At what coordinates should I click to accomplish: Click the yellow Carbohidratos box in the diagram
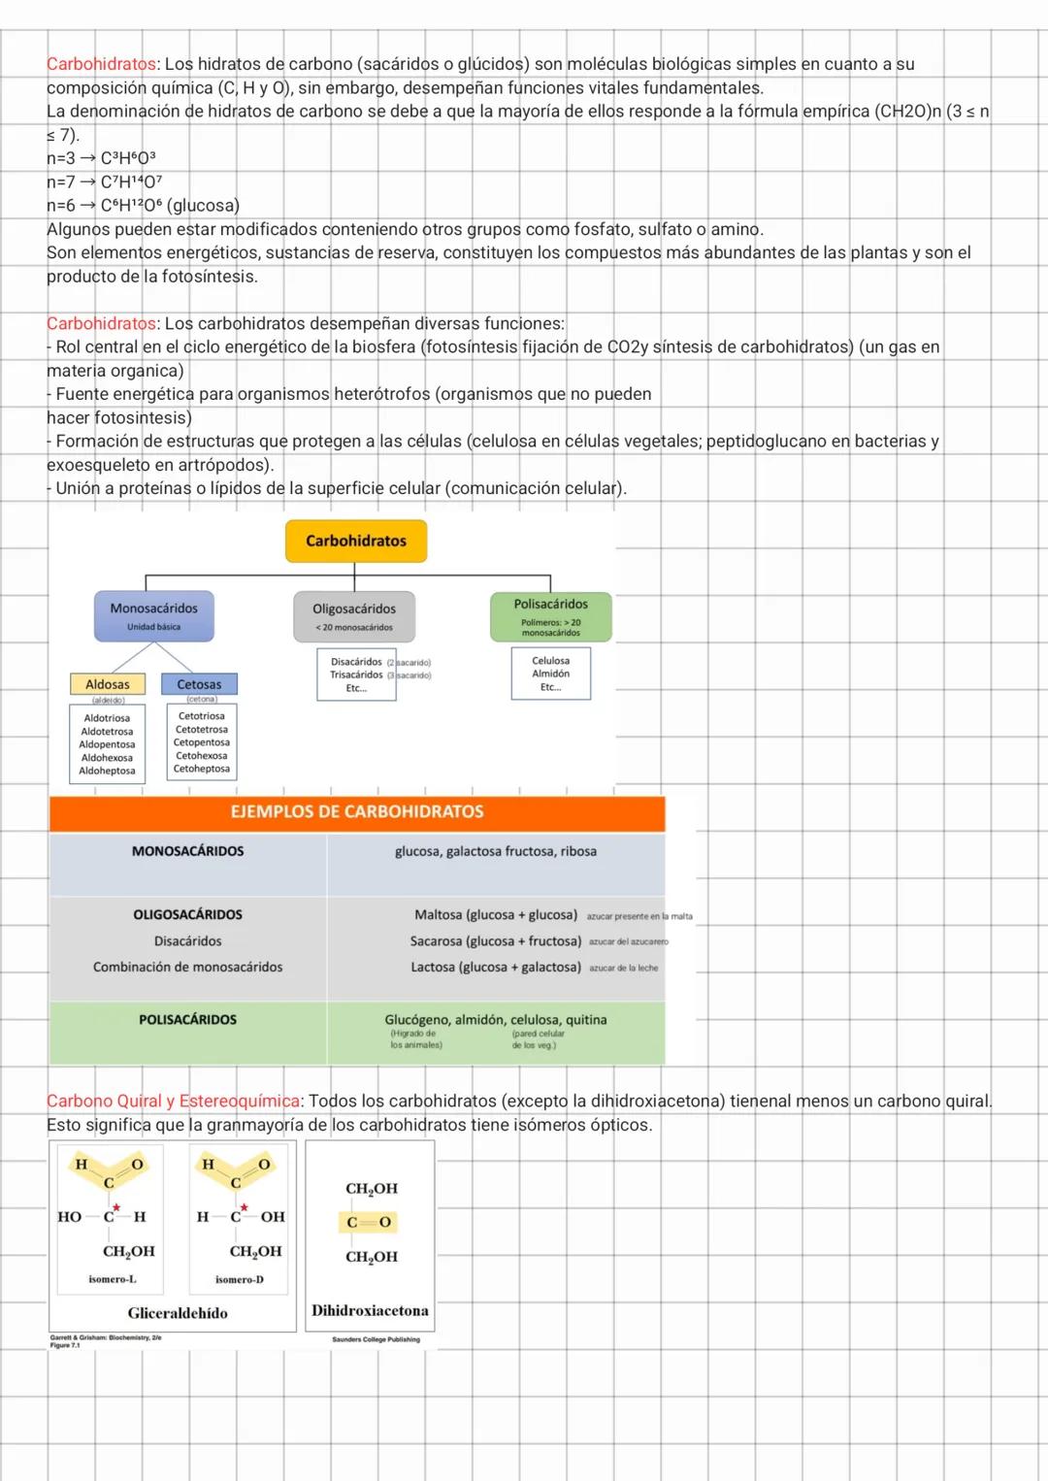[356, 541]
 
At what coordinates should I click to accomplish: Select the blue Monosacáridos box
[153, 616]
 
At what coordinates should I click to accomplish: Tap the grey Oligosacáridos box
[354, 616]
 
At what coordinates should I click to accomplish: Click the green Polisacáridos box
[550, 616]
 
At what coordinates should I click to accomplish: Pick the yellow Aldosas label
[108, 684]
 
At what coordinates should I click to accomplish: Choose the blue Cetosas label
[199, 684]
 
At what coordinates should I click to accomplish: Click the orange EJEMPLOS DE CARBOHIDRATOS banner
[357, 812]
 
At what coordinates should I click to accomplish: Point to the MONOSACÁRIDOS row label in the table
[187, 851]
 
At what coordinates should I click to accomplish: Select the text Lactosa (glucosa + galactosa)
[496, 968]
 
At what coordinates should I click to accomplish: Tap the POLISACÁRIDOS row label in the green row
[187, 1020]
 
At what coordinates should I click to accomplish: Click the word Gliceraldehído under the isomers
[178, 1313]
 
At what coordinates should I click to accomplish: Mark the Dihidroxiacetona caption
[370, 1310]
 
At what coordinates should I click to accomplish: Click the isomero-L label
[113, 1279]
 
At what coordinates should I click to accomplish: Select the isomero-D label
[240, 1279]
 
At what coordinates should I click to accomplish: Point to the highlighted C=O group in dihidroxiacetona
[369, 1222]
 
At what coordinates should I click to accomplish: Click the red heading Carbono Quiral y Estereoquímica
[173, 1102]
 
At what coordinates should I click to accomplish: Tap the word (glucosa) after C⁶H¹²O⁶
[203, 206]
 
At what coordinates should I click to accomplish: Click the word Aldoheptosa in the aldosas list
[107, 771]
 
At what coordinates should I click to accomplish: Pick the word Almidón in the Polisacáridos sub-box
[550, 674]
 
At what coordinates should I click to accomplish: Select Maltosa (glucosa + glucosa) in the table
[496, 915]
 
